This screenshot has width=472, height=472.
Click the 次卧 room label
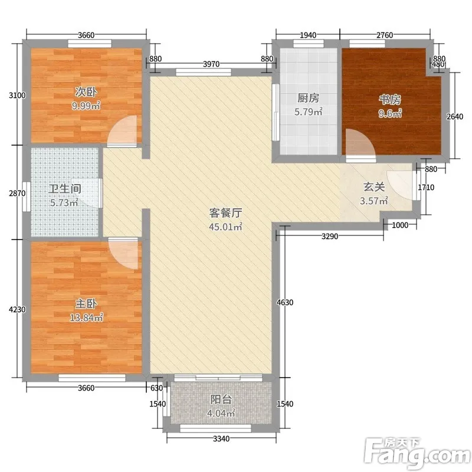coord(86,92)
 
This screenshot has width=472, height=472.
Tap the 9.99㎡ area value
coord(86,106)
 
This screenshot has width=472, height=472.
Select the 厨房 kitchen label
coord(308,98)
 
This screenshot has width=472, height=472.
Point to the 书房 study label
coord(390,99)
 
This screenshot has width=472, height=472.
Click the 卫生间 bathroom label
coord(65,189)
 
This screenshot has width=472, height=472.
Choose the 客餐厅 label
coord(226,213)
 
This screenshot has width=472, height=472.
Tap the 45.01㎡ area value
coord(226,227)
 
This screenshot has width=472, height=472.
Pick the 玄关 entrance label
coord(374,187)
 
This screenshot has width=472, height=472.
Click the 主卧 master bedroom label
coord(86,303)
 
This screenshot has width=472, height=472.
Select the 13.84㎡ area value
coord(87,317)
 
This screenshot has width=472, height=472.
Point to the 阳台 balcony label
coord(221,399)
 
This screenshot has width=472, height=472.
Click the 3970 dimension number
coord(211,64)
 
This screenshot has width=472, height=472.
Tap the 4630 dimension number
coord(285,302)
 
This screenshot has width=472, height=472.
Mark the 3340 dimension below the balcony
coord(221,438)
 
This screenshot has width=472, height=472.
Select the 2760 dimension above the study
coord(385,35)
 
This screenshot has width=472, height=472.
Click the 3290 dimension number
coord(330,237)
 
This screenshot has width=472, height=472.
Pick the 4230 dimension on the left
coord(17,309)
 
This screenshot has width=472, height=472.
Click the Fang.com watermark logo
coord(417,454)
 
